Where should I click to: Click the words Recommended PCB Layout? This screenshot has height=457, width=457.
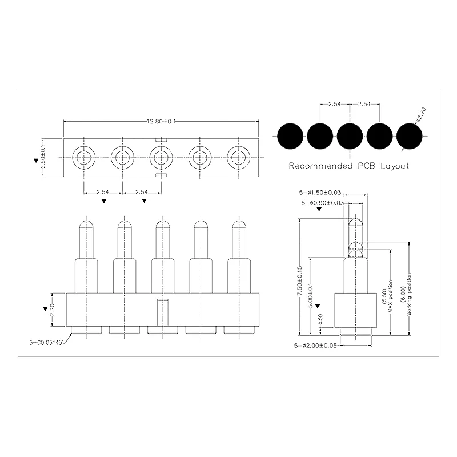pos(349,166)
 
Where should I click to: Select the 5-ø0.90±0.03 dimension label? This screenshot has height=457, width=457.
pos(322,203)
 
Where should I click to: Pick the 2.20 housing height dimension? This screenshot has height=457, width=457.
pos(53,309)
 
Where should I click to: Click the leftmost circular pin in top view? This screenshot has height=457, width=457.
pos(84,157)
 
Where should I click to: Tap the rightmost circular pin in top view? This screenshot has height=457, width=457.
pos(239,157)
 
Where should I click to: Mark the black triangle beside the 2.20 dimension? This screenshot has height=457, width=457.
pos(45,309)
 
